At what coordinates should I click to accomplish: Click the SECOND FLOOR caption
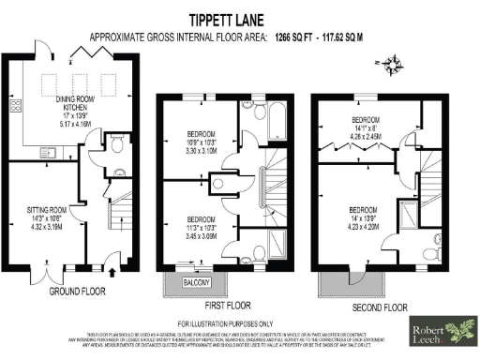(x=380, y=307)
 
